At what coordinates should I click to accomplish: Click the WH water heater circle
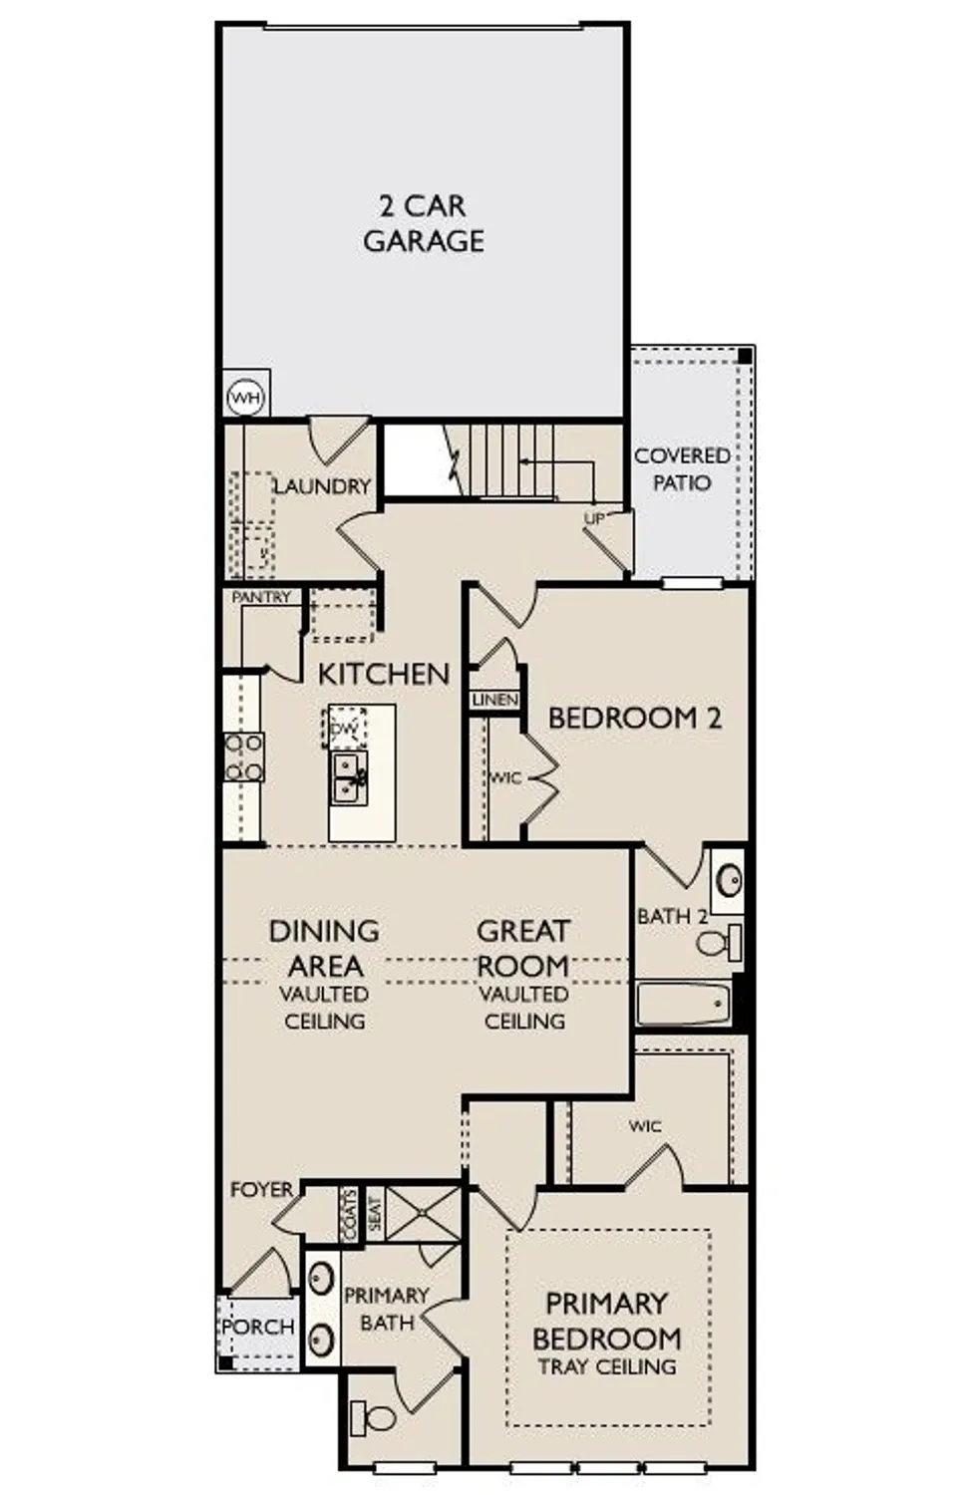point(245,399)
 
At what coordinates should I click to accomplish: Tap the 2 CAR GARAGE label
point(423,223)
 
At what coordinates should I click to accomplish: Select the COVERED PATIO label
point(682,468)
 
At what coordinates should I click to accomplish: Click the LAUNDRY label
point(321,486)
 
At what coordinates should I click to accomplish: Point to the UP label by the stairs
point(594,518)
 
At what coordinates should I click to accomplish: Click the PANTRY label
point(261,597)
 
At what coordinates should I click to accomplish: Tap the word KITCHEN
point(384,674)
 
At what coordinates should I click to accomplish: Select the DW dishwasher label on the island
point(344,730)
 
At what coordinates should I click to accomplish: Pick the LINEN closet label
point(494,701)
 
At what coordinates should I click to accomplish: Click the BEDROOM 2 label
point(634,718)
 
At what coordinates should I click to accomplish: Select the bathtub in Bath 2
point(683,1004)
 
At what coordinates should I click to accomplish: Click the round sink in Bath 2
point(730,880)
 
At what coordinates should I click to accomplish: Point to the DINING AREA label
point(324,948)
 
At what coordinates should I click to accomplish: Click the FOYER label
point(261,1189)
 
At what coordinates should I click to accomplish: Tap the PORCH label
point(257,1327)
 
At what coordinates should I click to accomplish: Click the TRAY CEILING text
point(607,1366)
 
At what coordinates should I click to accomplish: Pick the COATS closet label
point(349,1215)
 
